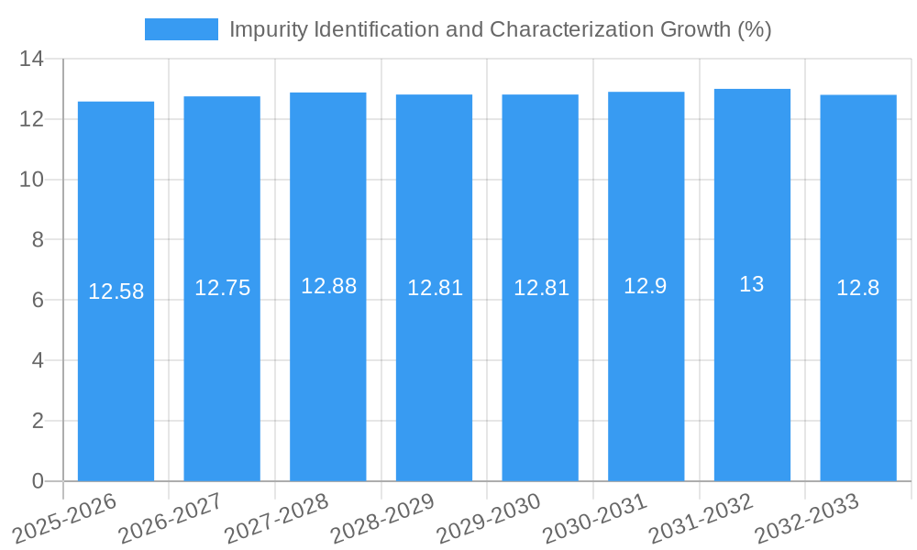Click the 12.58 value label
pos(116,291)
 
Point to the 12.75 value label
pos(222,288)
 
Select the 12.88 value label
pos(328,286)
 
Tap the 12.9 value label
pos(646,286)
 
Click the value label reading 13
pos(752,284)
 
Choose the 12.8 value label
pos(858,288)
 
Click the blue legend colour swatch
pos(181,29)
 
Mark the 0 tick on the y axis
pos(38,481)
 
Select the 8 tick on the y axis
pos(38,239)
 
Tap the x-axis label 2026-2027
pos(171,517)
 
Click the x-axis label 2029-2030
pos(489,517)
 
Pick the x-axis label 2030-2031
pos(595,517)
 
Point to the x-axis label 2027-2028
pos(277,517)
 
